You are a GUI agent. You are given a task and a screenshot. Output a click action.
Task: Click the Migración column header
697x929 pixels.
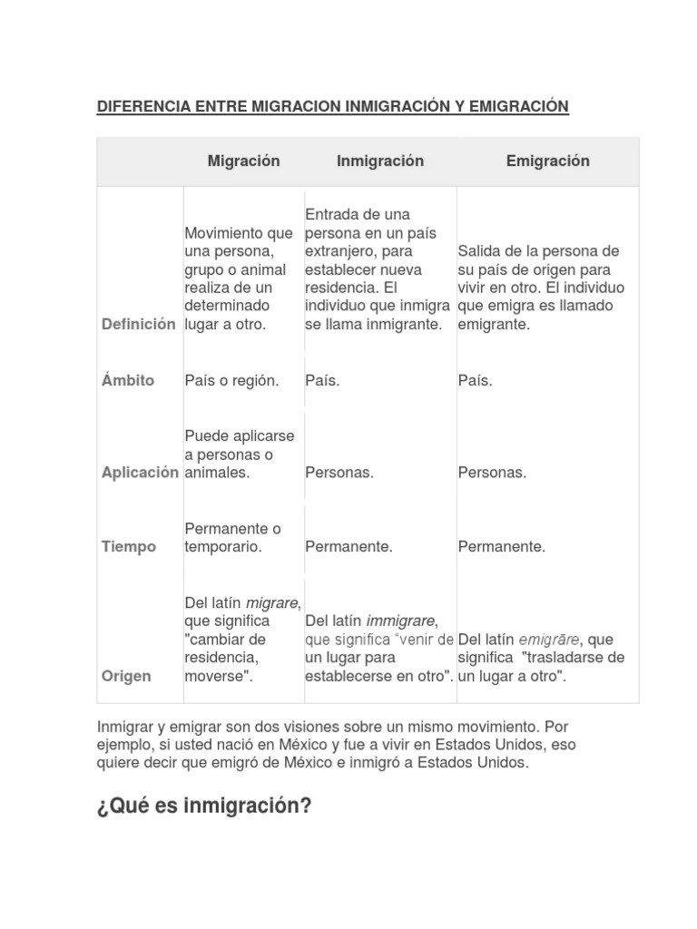[x=243, y=161]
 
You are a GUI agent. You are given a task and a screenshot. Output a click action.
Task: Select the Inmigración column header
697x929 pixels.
[x=380, y=161]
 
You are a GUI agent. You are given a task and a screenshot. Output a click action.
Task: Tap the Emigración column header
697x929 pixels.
[x=547, y=161]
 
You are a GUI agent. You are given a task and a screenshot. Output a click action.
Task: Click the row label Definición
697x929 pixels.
[x=138, y=324]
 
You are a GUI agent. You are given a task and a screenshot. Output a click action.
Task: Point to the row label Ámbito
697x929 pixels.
[x=128, y=380]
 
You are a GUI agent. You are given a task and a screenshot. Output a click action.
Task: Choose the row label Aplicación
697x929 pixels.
[x=140, y=473]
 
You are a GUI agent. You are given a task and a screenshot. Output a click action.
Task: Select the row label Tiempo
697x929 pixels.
[x=128, y=547]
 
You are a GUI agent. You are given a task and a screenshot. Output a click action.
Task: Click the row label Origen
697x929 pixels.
[x=126, y=677]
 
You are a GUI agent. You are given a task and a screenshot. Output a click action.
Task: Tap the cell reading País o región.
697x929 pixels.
[x=231, y=380]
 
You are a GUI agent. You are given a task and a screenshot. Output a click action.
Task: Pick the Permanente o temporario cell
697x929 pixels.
[x=232, y=537]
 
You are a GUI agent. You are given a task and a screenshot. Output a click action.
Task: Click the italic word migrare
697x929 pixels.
[x=272, y=602]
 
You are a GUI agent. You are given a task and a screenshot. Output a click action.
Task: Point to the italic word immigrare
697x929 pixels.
[x=401, y=621]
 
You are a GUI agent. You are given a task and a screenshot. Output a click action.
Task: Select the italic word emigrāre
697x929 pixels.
[x=549, y=640]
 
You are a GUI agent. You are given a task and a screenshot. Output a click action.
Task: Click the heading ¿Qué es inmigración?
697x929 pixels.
[x=203, y=806]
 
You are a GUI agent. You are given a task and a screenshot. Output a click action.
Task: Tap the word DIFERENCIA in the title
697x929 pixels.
[x=143, y=107]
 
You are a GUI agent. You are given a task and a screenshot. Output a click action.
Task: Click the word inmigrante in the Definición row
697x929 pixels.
[x=400, y=324]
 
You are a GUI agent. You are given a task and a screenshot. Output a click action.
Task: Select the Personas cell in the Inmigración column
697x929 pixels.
[x=339, y=473]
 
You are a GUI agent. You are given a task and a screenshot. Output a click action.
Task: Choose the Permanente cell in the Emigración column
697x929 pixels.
[x=502, y=547]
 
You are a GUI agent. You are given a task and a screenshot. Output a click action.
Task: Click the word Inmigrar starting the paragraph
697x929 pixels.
[x=125, y=728]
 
